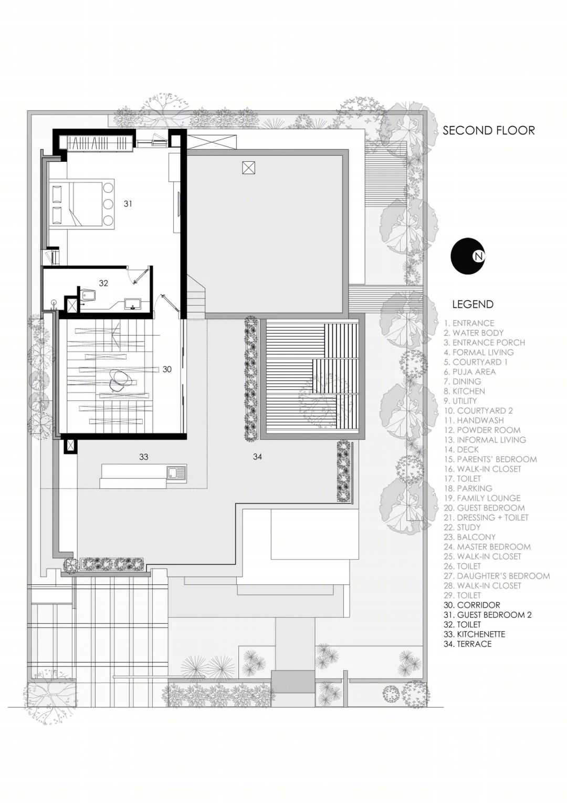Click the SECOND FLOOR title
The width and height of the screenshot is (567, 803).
pos(489,130)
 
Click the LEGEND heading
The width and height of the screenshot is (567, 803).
pos(473,304)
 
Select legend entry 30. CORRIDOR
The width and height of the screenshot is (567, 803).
pos(472,605)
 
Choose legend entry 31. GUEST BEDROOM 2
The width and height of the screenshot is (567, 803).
pos(488,615)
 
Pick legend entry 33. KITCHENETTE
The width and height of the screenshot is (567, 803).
pos(474,634)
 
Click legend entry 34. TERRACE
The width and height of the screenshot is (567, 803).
pos(467,644)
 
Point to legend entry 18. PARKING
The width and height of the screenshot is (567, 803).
pos(468,488)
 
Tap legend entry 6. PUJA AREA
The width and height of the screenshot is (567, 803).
pos(469,372)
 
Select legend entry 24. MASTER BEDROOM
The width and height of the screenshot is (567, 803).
pos(487,547)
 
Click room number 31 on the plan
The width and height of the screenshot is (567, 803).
pos(128,203)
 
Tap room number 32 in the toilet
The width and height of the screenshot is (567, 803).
pos(103,283)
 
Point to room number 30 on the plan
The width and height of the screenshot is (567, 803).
pos(167,369)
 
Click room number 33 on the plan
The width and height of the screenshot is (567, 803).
pos(144,457)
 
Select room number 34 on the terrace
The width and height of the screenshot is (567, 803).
pos(258,456)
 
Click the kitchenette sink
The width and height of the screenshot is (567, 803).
pos(176,472)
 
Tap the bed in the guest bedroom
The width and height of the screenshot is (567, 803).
pos(82,203)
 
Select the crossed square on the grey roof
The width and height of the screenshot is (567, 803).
pos(248,168)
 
